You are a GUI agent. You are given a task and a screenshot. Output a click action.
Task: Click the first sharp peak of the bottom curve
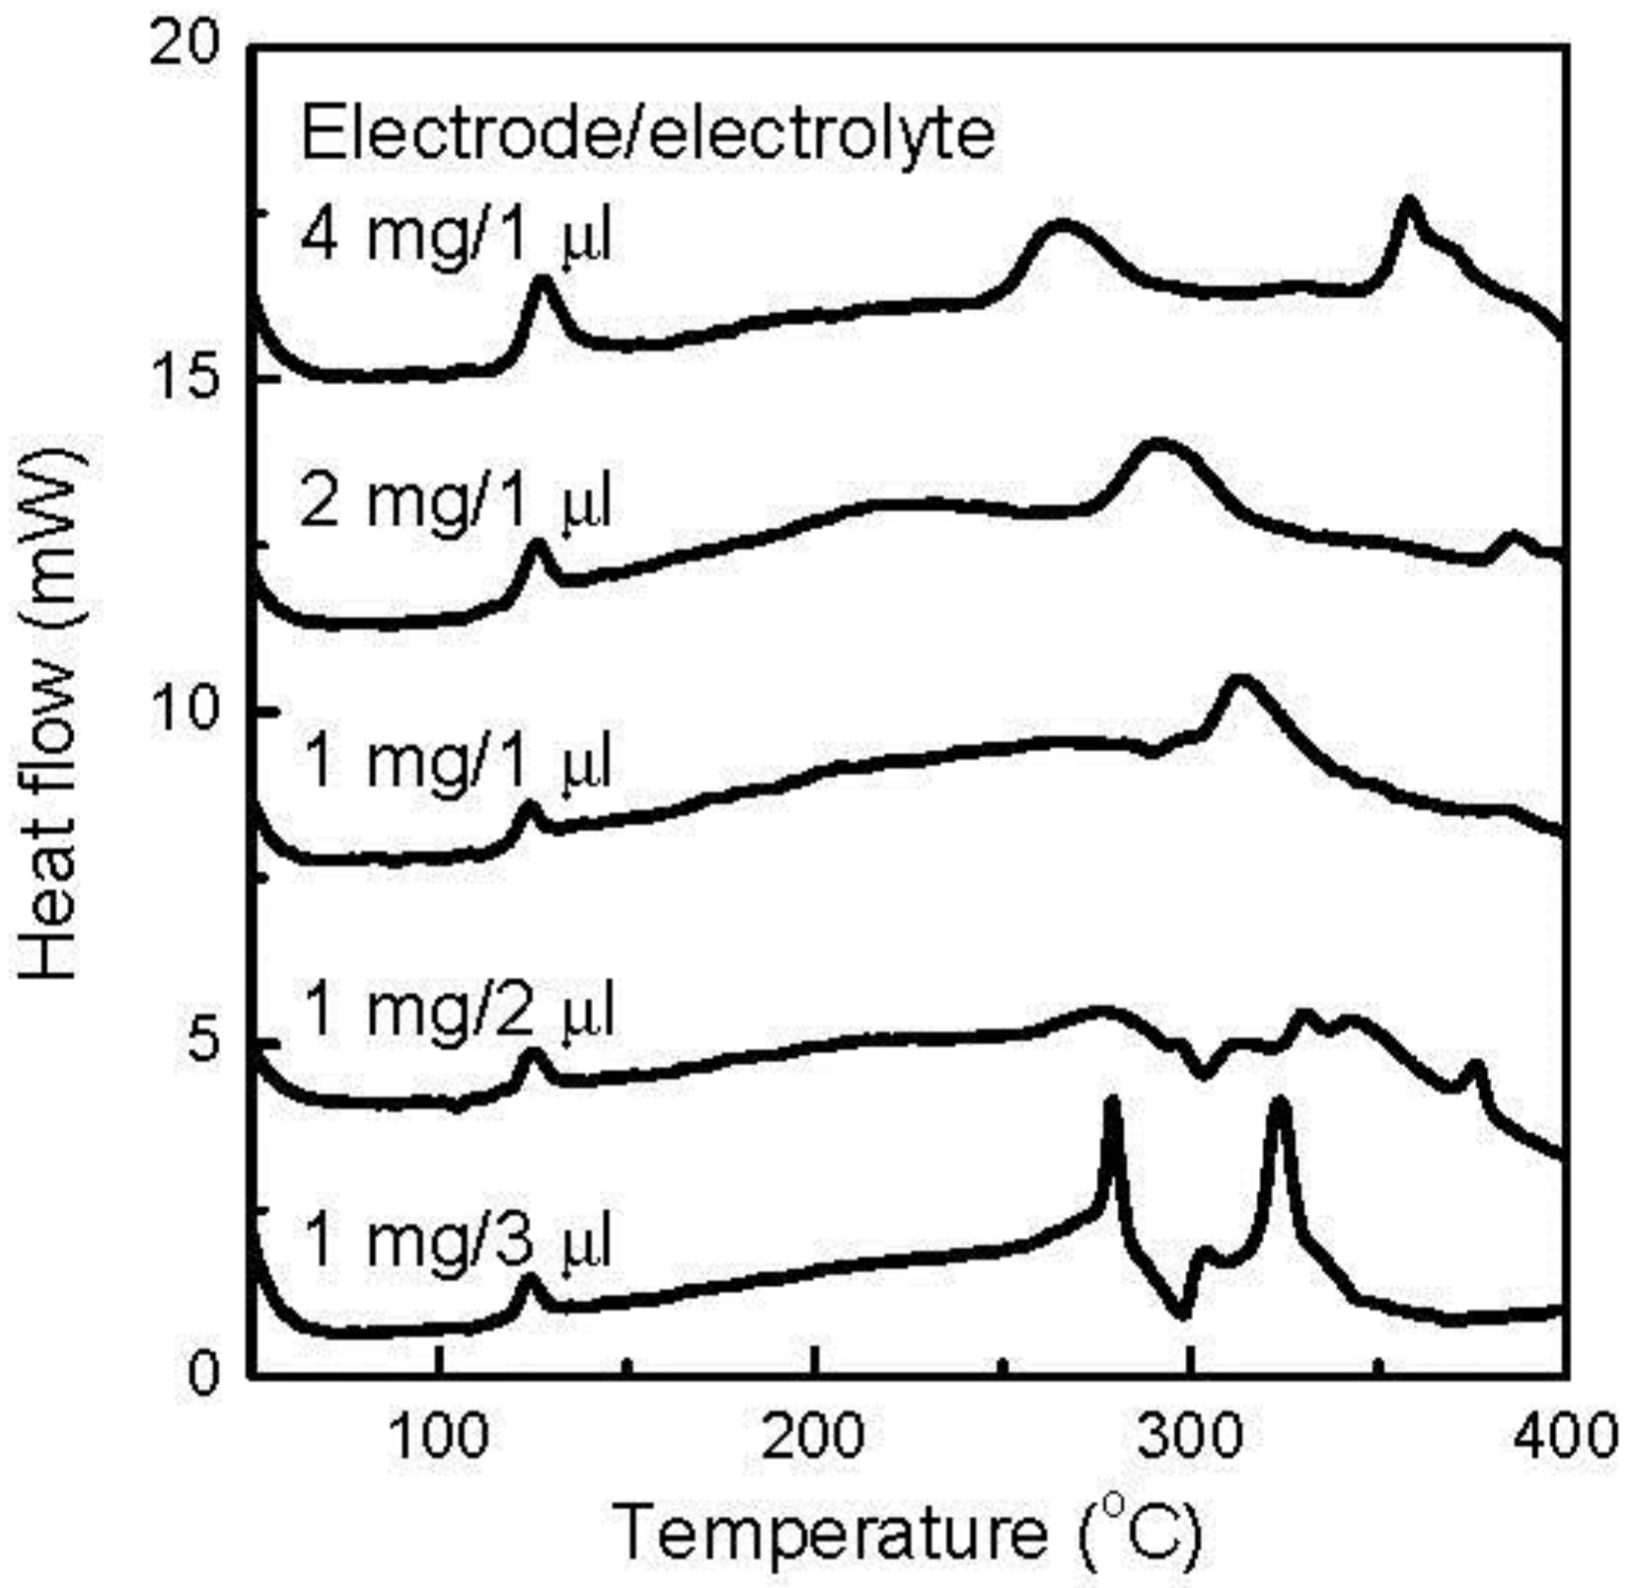click(1113, 1102)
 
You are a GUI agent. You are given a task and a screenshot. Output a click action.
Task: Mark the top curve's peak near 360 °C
click(1409, 203)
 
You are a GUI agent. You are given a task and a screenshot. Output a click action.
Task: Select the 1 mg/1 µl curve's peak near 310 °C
click(1239, 681)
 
